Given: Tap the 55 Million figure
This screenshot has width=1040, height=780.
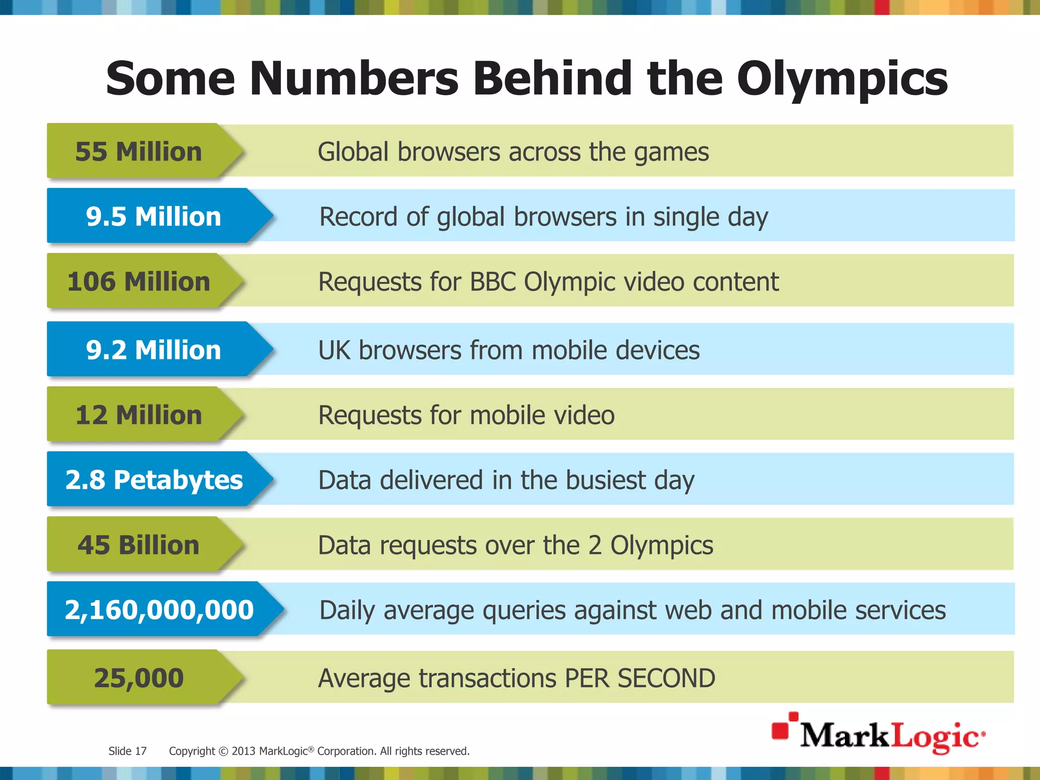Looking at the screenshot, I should tap(138, 152).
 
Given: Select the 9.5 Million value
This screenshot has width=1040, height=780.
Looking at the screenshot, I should tap(153, 217).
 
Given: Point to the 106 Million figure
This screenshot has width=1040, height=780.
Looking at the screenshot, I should tap(138, 282).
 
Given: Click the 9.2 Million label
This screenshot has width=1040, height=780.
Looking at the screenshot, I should tap(153, 350).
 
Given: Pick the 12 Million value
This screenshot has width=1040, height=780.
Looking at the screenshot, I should tap(138, 415).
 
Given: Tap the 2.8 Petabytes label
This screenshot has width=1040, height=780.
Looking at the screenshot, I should tap(154, 480).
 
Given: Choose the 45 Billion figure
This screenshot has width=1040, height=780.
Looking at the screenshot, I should tap(138, 545).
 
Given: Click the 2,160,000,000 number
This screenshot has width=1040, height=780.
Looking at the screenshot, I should tap(159, 610).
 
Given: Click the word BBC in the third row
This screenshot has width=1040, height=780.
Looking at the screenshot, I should tap(493, 282).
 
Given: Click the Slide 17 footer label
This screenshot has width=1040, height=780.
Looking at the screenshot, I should tap(127, 751).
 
